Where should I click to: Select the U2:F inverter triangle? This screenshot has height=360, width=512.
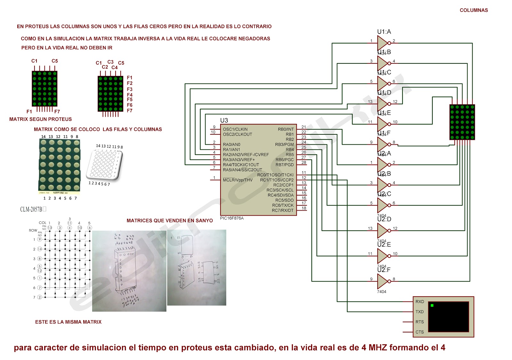[383, 281]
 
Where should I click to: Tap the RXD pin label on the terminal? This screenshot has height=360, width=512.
[420, 302]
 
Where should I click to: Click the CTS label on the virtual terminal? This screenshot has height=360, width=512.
[420, 332]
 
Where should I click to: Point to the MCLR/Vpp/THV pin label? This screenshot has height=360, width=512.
[237, 180]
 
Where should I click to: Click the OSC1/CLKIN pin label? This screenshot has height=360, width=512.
[235, 129]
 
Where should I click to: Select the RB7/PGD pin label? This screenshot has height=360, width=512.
[284, 165]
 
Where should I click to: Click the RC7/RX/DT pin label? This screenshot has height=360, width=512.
[283, 211]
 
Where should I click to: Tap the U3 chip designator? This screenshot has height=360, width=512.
[224, 120]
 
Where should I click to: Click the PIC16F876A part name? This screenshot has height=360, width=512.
[232, 218]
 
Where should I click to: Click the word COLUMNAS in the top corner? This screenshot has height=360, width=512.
[474, 10]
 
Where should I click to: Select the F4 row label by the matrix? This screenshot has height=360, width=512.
[130, 95]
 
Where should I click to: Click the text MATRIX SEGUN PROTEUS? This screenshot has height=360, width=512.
[40, 119]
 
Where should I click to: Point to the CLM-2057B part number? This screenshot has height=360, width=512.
[31, 209]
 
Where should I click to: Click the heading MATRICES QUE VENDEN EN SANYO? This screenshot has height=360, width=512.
[170, 220]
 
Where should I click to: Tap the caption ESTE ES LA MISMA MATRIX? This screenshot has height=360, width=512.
[68, 322]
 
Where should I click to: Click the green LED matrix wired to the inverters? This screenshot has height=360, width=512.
[462, 122]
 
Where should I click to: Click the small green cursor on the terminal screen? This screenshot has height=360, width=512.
[432, 306]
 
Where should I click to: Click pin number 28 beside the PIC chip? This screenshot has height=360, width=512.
[304, 163]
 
